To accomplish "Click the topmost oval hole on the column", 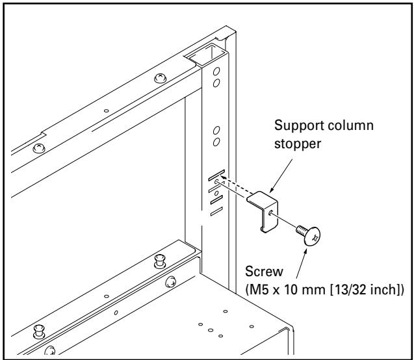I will tap(217, 70).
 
